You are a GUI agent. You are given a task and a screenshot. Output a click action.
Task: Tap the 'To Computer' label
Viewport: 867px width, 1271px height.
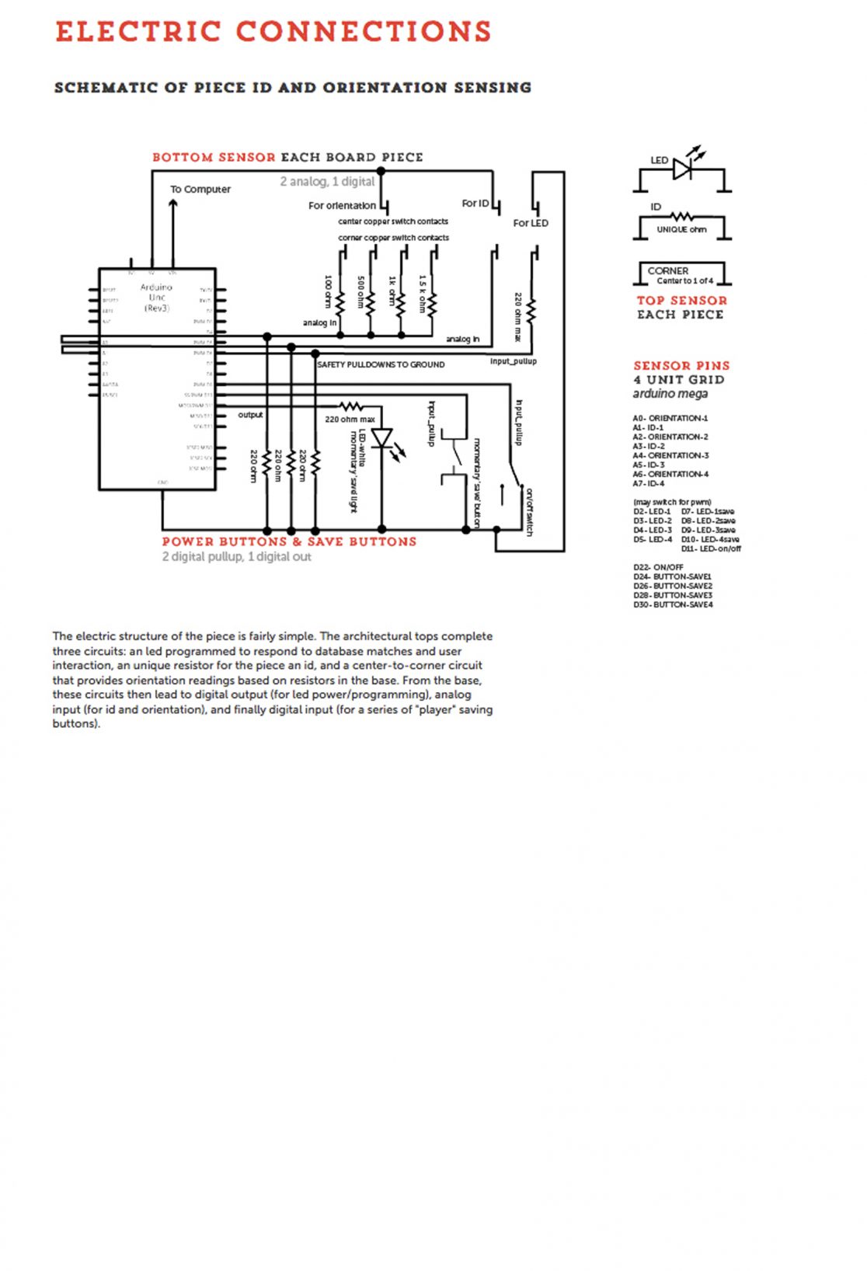[200, 189]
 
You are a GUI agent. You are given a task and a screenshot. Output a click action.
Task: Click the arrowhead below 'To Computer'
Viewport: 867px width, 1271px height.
[173, 204]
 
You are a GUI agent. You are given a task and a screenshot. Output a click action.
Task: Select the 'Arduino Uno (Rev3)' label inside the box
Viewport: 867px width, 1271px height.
[156, 298]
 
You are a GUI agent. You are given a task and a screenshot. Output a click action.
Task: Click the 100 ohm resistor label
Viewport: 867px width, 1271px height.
[328, 291]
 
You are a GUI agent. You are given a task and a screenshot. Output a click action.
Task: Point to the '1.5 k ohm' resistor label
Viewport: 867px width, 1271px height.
[423, 293]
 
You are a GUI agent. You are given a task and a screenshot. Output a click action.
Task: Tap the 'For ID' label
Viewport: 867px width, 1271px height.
[475, 204]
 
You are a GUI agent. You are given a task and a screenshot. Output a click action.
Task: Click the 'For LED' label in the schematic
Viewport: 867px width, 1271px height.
[531, 223]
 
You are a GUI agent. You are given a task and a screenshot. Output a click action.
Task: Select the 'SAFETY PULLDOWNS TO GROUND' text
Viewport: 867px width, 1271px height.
[381, 364]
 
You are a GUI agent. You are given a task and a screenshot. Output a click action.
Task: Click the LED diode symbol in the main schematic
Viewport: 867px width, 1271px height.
[381, 439]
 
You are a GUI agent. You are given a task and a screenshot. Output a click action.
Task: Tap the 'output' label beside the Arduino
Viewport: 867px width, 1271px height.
[250, 415]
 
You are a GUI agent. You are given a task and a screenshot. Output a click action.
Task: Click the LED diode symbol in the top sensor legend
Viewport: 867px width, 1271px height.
[682, 169]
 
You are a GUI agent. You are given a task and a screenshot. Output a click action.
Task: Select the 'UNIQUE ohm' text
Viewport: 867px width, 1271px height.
[681, 230]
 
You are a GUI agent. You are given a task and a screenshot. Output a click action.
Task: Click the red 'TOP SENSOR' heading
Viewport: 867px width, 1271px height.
[681, 301]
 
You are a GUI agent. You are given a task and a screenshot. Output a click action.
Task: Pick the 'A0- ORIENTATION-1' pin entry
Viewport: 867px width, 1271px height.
[670, 418]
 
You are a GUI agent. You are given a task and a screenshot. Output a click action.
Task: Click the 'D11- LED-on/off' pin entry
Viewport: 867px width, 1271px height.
[711, 548]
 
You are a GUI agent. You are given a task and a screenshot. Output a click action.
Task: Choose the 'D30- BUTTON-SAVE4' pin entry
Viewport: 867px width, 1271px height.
[672, 604]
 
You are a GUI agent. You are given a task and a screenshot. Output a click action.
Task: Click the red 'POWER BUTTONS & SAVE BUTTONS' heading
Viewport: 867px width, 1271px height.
[289, 541]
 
